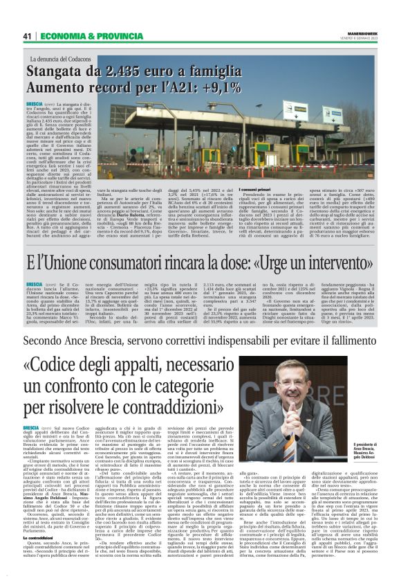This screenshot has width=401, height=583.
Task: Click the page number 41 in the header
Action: pos(27,35)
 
